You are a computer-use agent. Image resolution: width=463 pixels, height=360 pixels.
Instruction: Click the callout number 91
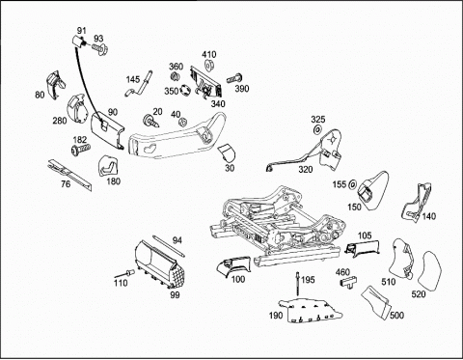[x=82, y=31]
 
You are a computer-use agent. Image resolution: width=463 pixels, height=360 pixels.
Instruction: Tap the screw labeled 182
[x=80, y=150]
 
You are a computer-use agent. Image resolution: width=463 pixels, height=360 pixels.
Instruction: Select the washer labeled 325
[x=317, y=129]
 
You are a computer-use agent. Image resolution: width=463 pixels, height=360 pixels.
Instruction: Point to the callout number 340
[x=218, y=103]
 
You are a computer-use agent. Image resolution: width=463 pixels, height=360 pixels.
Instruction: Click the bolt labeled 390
[x=234, y=78]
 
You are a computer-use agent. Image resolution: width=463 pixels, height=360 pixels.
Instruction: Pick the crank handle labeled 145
[x=139, y=83]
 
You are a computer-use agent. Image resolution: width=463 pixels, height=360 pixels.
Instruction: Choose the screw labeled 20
[x=151, y=122]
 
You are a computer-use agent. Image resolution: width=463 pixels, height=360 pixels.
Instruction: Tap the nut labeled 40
[x=183, y=123]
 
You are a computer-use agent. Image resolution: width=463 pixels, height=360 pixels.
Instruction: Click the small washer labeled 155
[x=352, y=184]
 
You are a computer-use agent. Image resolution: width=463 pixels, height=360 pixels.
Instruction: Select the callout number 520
[x=419, y=293]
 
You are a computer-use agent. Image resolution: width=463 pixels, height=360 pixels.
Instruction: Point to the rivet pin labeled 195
[x=298, y=284]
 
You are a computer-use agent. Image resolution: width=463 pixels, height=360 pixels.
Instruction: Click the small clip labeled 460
[x=348, y=282]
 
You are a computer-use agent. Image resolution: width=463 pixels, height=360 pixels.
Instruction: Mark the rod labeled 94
[x=169, y=246]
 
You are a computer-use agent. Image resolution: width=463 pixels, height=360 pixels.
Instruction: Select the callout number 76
[x=66, y=183]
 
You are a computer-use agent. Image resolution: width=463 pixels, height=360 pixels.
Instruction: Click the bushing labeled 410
[x=210, y=65]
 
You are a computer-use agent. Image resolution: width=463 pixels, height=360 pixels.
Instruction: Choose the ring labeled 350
[x=185, y=90]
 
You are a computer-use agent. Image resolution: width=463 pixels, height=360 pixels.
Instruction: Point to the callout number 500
[x=396, y=315]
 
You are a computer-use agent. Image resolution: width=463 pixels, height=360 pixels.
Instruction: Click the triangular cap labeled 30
[x=227, y=152]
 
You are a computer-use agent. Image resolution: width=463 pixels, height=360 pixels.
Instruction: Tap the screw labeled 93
[x=100, y=49]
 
